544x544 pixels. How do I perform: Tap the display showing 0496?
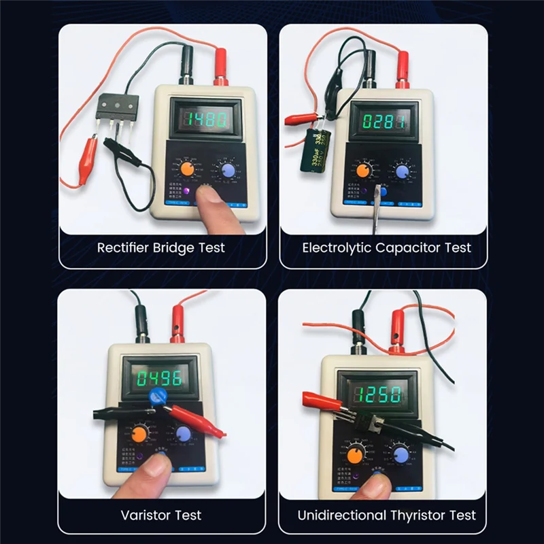(x=156, y=377)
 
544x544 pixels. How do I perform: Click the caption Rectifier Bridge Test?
(x=161, y=248)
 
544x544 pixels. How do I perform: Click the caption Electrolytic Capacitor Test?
(x=386, y=248)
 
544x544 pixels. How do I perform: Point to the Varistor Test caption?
(x=161, y=515)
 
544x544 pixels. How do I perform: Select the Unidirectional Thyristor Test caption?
(x=386, y=515)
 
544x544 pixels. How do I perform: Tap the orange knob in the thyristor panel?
(x=356, y=455)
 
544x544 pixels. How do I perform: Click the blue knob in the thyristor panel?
(x=401, y=455)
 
